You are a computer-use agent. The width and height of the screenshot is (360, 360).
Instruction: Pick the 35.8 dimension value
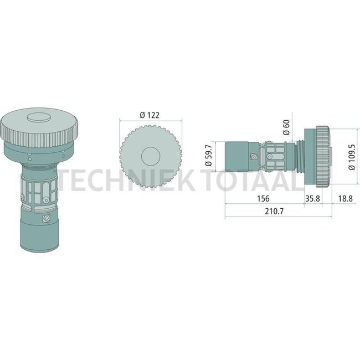pyautogui.click(x=313, y=198)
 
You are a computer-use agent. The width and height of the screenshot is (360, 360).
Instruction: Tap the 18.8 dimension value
pyautogui.click(x=345, y=198)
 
